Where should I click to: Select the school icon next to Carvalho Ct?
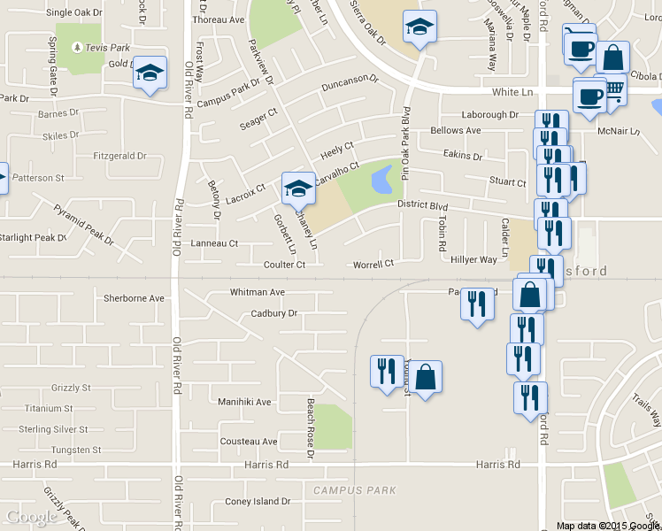298,188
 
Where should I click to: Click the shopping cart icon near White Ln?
612,89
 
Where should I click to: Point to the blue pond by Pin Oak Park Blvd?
383,181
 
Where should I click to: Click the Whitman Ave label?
258,292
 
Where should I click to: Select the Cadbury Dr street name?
273,312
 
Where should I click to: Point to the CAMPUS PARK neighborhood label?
355,489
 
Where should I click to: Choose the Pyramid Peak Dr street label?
84,225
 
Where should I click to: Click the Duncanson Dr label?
350,78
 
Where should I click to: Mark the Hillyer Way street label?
474,259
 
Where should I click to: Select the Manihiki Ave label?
244,401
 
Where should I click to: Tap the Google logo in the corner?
32,517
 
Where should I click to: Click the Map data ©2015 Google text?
608,526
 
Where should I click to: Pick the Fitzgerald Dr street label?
119,156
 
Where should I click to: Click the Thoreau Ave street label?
218,19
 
